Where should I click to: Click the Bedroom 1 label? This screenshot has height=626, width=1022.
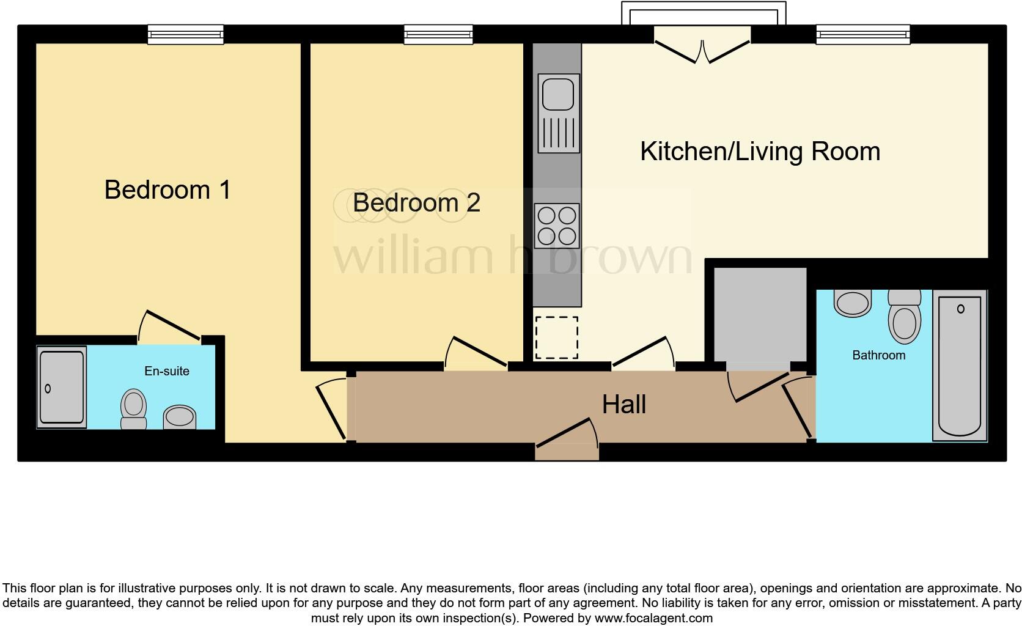167,190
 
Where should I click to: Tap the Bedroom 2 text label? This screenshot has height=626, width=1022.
416,202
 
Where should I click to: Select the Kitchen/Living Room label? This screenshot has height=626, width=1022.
760,151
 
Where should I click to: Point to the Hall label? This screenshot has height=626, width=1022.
623,404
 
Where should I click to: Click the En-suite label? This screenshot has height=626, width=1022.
166,371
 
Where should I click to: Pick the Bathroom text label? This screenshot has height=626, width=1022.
878,355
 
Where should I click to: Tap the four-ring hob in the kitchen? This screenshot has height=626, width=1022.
557,226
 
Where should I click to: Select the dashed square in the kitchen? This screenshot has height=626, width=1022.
556,337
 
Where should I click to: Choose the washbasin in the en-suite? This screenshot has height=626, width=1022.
179,418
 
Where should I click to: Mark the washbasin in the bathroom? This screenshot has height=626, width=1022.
852,303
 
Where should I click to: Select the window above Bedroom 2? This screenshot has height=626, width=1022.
438,35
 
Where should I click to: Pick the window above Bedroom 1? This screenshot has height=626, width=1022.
185,35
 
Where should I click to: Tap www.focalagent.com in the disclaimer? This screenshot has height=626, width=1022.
653,618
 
